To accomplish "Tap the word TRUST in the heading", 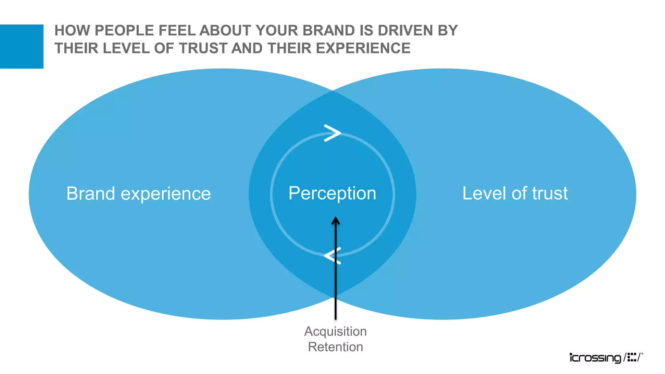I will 203,48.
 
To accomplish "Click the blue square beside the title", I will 21,46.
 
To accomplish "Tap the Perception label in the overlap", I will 332,193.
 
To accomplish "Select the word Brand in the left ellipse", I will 91,193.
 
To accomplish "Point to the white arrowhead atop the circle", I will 332,133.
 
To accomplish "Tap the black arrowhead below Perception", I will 335,221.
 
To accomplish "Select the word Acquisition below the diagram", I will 335,331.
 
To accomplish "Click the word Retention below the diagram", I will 335,347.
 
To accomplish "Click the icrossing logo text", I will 595,358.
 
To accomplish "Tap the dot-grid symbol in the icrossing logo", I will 632,357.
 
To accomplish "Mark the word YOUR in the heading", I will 278,31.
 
